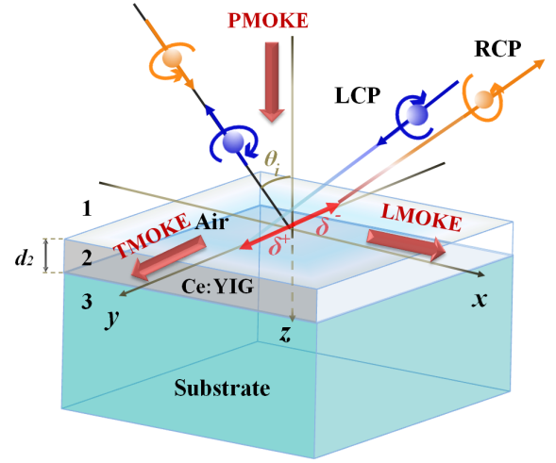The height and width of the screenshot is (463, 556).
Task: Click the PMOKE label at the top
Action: click(x=268, y=20)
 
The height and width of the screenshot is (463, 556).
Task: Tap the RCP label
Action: click(x=497, y=48)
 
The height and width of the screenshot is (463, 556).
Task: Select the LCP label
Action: click(x=358, y=95)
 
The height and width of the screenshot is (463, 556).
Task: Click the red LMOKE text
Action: click(x=421, y=218)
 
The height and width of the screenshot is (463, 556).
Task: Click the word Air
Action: click(x=211, y=223)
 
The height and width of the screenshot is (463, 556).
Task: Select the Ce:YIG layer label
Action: click(x=217, y=286)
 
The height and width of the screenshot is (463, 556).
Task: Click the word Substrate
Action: click(x=222, y=388)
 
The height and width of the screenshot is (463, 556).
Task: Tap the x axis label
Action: click(x=480, y=299)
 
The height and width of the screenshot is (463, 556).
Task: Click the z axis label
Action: click(x=285, y=334)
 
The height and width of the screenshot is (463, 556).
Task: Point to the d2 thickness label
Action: click(x=25, y=257)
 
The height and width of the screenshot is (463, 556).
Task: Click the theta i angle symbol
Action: click(x=272, y=161)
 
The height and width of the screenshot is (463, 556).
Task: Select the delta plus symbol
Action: click(x=278, y=245)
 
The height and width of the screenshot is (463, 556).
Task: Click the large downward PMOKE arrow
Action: click(x=272, y=82)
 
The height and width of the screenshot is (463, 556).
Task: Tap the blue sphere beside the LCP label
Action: click(x=417, y=114)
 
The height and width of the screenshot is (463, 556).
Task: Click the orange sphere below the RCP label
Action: click(x=483, y=100)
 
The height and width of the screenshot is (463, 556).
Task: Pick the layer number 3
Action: click(x=87, y=301)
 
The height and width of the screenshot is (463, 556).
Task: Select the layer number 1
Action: click(x=87, y=208)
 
